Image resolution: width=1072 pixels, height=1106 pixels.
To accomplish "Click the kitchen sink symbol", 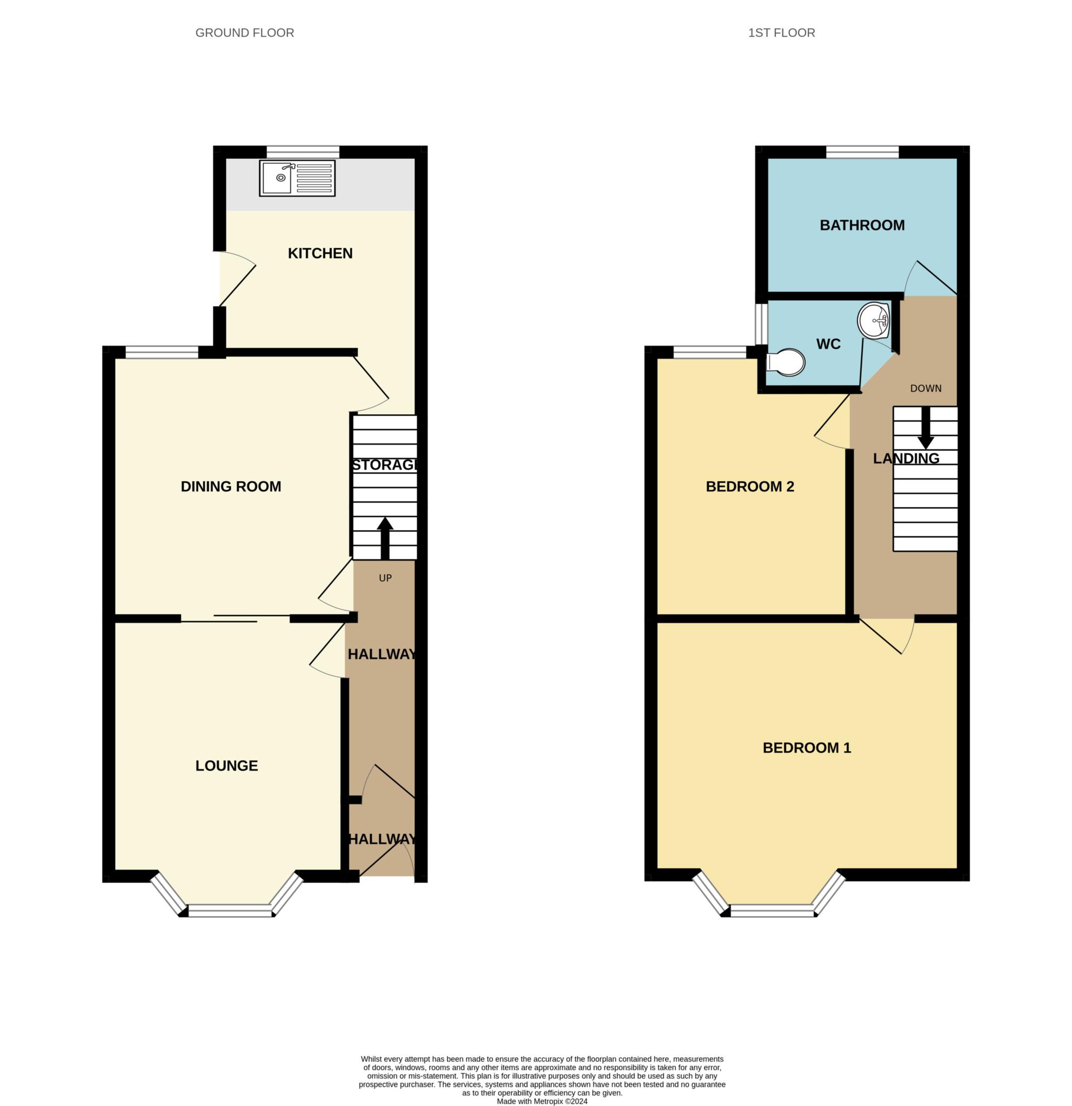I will [x=297, y=178].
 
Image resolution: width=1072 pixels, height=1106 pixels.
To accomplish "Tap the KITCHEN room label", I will [x=320, y=253].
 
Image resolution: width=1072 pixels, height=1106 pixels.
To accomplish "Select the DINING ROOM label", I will [x=231, y=487].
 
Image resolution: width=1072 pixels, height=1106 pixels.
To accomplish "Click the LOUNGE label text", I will [x=226, y=766].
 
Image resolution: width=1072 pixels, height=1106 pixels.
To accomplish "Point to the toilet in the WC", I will [x=786, y=362].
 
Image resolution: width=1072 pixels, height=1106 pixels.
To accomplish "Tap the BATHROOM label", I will [x=862, y=225].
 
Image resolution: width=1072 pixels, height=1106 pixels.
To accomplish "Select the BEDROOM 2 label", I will [x=749, y=487].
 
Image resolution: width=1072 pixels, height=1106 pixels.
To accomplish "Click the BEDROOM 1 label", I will [x=807, y=747].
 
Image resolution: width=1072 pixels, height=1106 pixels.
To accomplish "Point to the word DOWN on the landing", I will [x=926, y=388].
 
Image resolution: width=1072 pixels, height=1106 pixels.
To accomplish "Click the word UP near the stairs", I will [x=385, y=578].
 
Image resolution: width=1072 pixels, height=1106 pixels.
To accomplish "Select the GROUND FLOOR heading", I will [x=244, y=33].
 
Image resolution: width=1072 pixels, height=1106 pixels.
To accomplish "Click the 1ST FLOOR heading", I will [x=781, y=33].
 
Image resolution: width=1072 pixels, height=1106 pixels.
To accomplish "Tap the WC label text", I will [x=828, y=343].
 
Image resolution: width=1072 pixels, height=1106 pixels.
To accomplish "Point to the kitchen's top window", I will [x=303, y=152].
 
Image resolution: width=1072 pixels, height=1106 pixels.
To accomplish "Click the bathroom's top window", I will [x=862, y=152].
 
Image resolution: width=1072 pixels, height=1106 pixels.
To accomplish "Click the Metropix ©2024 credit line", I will [x=542, y=1101].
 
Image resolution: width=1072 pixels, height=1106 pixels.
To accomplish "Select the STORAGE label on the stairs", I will [x=384, y=465].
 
